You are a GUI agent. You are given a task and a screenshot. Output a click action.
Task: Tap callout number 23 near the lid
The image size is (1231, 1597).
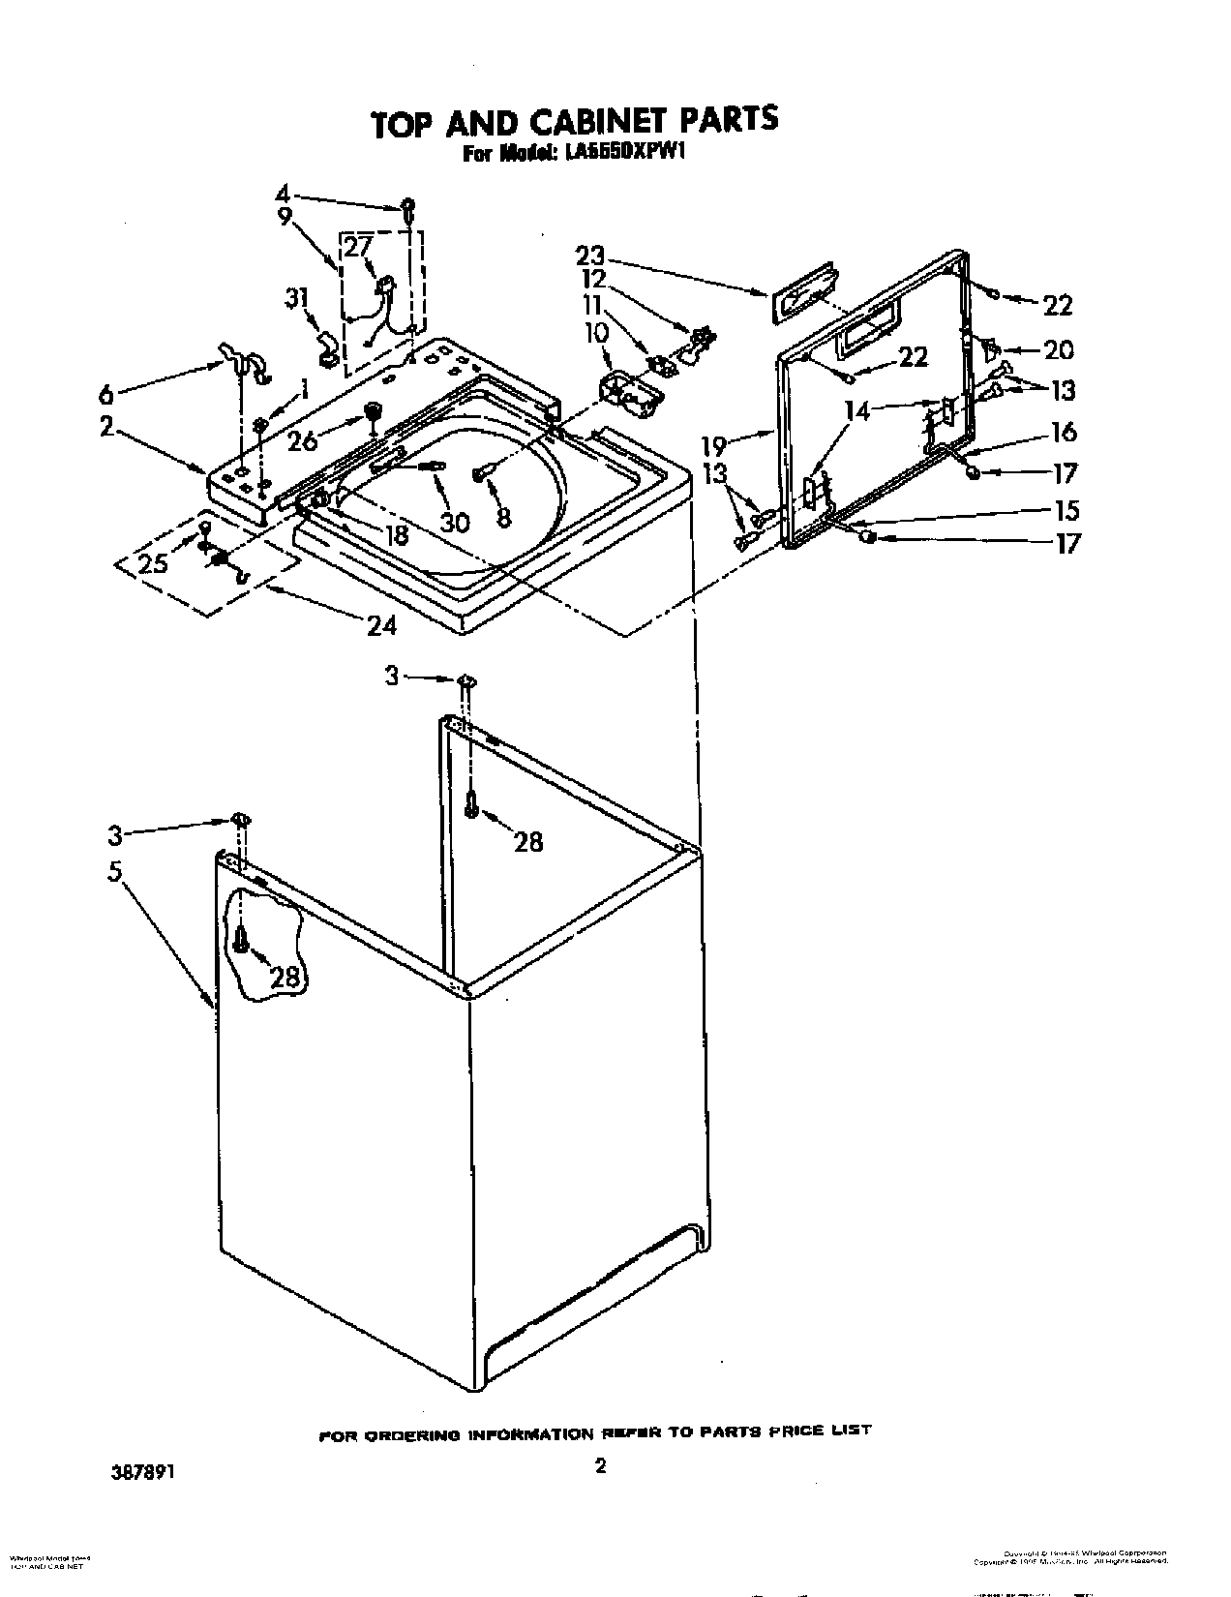pos(590,256)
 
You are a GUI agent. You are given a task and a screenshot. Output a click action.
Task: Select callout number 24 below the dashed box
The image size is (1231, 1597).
pos(381,626)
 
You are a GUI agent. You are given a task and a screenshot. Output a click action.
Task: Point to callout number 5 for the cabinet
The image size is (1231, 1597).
pos(115,871)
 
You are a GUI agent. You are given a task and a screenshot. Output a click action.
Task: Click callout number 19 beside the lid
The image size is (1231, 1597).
pos(713,447)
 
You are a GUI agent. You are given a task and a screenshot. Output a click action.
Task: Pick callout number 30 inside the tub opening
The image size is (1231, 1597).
pos(454,522)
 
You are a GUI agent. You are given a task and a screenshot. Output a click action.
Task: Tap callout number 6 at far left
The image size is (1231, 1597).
pos(105,394)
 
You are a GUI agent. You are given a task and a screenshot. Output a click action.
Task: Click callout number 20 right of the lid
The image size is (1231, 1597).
pos(1059,350)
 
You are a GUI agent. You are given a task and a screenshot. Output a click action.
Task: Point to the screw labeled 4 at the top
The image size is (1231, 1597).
pos(410,206)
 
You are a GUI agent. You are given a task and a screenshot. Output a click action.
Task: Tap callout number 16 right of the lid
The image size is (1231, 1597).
pos(1064,433)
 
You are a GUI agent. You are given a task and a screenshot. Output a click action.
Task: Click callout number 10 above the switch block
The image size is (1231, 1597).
pos(596,333)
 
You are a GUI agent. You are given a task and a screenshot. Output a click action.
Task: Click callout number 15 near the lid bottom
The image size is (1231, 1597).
pos(1064,510)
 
